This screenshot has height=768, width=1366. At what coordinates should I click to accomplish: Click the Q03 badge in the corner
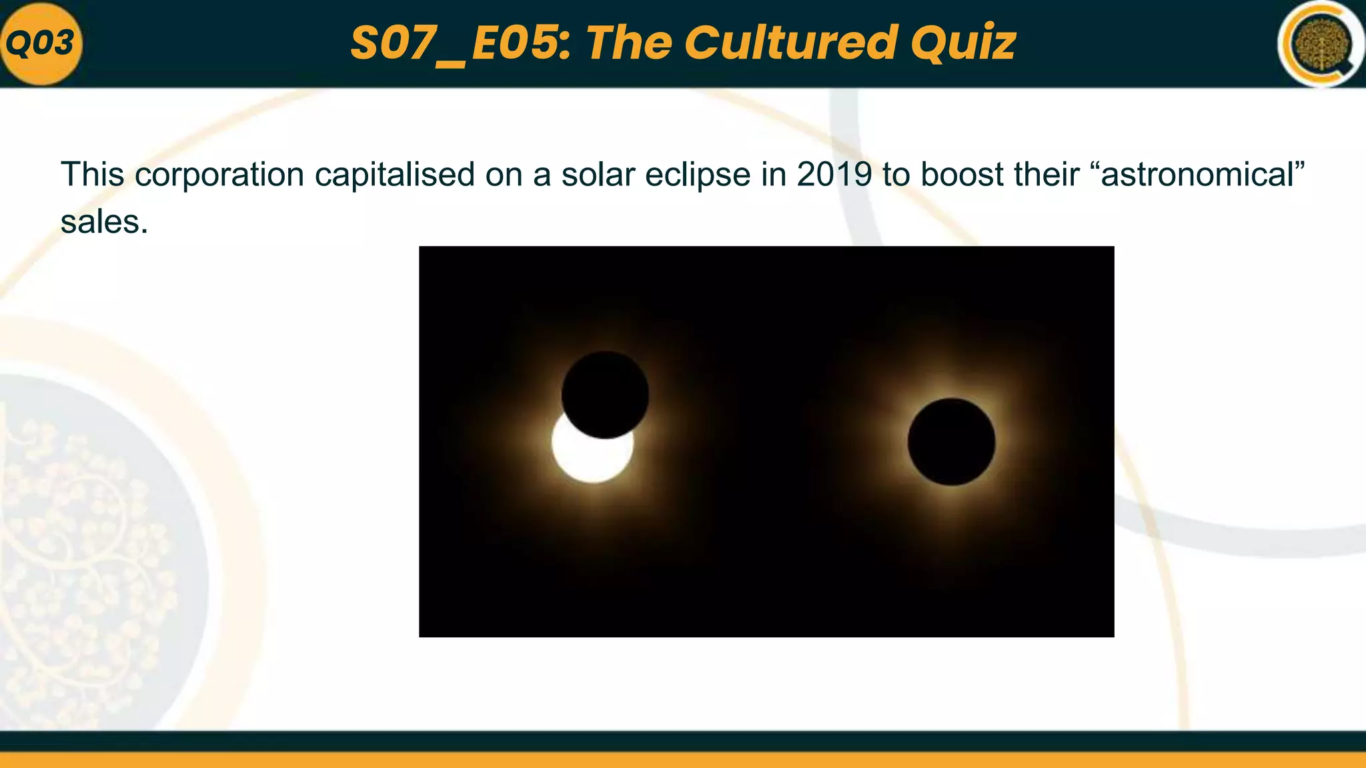click(41, 44)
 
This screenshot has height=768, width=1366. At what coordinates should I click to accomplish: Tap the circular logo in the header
click(1321, 45)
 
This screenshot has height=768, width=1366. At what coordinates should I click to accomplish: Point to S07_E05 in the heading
click(460, 43)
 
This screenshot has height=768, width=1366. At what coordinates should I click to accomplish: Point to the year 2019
click(834, 175)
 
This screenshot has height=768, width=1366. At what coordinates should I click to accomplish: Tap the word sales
click(103, 221)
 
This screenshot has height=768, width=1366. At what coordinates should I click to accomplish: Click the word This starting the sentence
click(92, 175)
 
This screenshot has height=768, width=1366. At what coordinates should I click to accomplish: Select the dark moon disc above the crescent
click(605, 394)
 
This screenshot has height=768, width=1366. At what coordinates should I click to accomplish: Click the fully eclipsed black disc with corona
click(951, 441)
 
